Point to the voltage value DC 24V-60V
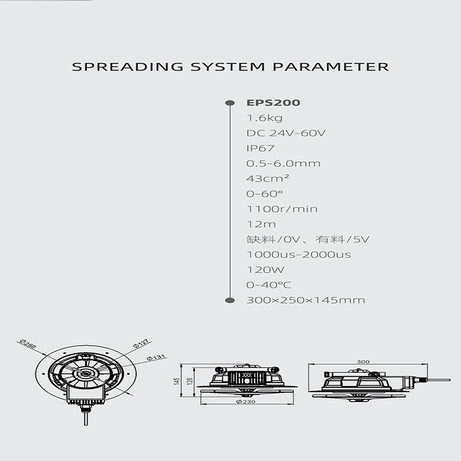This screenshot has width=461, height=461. coord(286,134)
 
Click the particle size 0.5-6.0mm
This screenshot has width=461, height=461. coord(283,164)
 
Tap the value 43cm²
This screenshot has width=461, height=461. coord(264,179)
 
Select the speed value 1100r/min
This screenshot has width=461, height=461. coord(282,209)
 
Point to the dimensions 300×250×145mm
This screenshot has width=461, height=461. coord(305,300)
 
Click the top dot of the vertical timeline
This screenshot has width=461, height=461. coord(229,103)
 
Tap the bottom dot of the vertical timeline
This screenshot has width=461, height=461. coord(229,300)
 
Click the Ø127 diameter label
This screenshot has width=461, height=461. coord(141,343)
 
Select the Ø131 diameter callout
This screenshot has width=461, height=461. coord(156,357)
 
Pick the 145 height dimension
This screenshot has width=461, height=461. coord(179,380)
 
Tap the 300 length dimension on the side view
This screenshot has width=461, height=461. coord(362,361)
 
